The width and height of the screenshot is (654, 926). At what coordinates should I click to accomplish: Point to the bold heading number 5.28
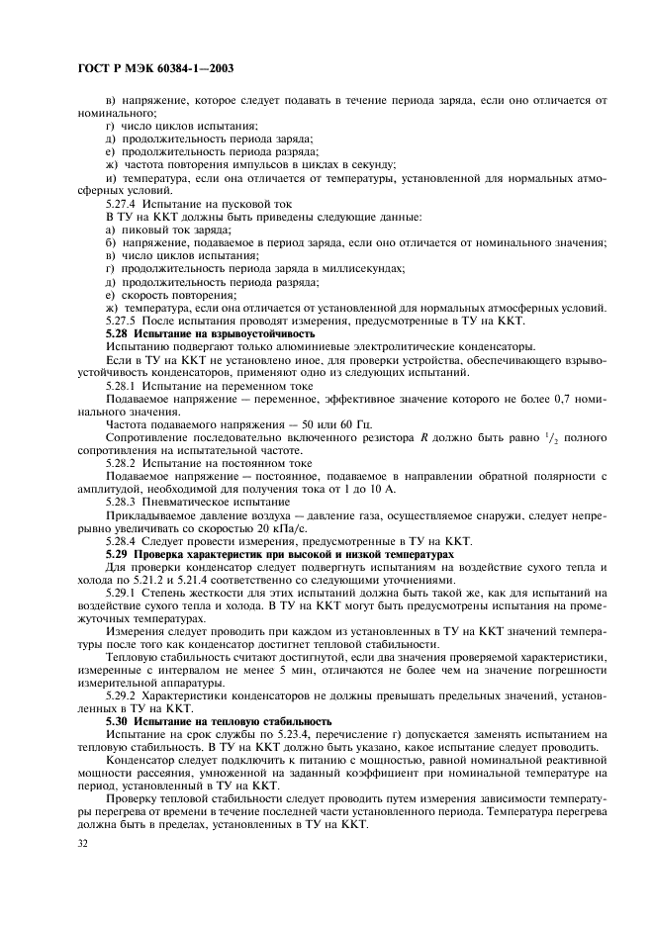tap(119, 333)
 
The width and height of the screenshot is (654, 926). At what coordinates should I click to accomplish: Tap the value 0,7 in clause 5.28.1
tap(564, 398)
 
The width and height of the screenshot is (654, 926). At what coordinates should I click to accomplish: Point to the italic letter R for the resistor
tap(424, 436)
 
